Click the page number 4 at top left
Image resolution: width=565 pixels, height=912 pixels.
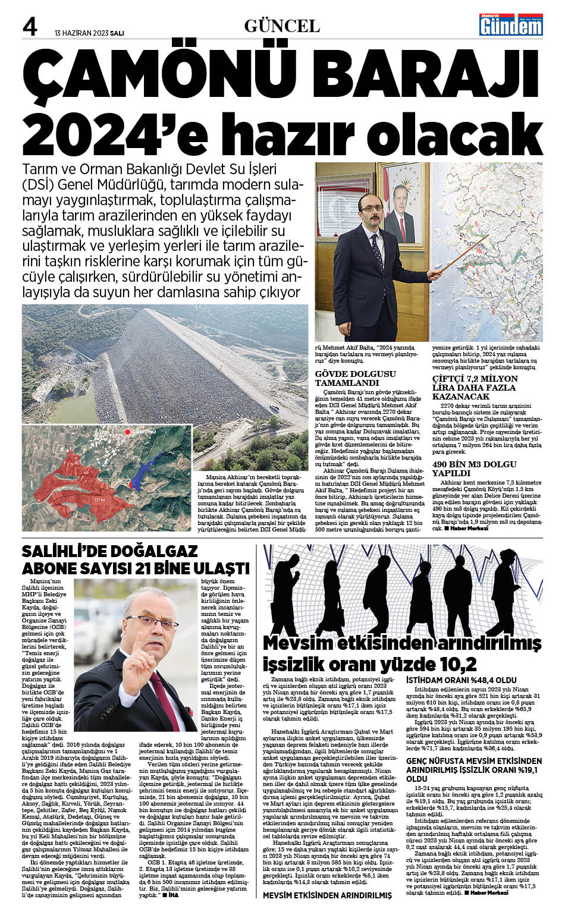(x=30, y=27)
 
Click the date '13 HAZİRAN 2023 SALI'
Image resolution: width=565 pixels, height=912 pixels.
(x=89, y=33)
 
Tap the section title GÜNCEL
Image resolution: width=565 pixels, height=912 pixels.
(x=282, y=26)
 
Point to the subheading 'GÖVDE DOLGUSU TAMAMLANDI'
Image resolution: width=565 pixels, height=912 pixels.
(x=355, y=378)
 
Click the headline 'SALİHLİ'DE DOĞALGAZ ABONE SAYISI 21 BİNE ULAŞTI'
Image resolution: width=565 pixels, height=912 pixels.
(x=135, y=559)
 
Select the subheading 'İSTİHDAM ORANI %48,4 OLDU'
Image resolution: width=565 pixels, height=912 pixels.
(x=461, y=680)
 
